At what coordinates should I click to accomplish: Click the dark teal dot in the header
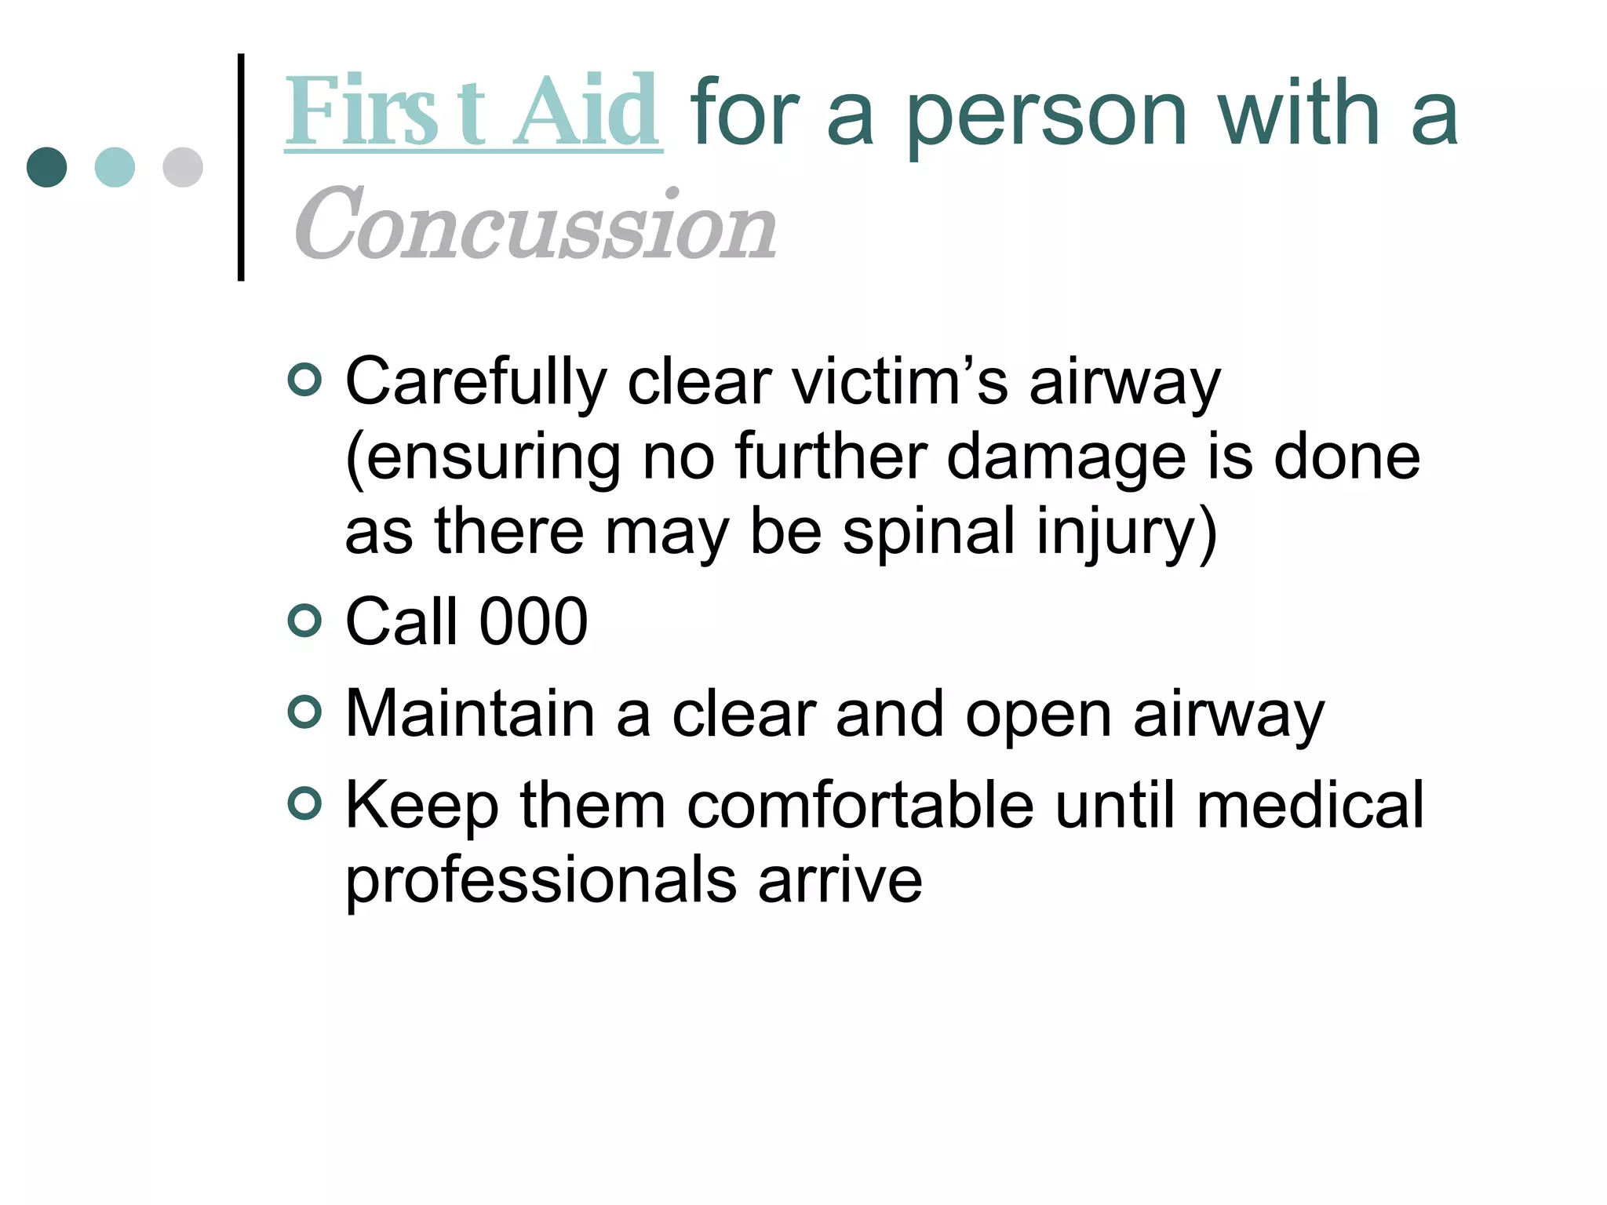(x=46, y=167)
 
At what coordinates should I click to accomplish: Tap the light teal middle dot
(x=115, y=167)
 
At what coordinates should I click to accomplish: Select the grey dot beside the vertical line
(x=183, y=167)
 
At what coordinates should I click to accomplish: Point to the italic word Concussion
(x=535, y=225)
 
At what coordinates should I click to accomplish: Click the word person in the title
(x=1047, y=116)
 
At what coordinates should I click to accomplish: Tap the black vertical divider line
(x=241, y=167)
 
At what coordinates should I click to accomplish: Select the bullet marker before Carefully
(x=304, y=380)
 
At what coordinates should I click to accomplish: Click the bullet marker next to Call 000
(x=304, y=621)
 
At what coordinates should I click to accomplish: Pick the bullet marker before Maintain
(x=304, y=712)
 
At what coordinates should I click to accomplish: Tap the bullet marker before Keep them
(x=304, y=804)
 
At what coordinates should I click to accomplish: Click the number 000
(x=534, y=621)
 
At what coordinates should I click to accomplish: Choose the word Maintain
(x=470, y=713)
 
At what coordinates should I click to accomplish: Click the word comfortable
(x=861, y=805)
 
